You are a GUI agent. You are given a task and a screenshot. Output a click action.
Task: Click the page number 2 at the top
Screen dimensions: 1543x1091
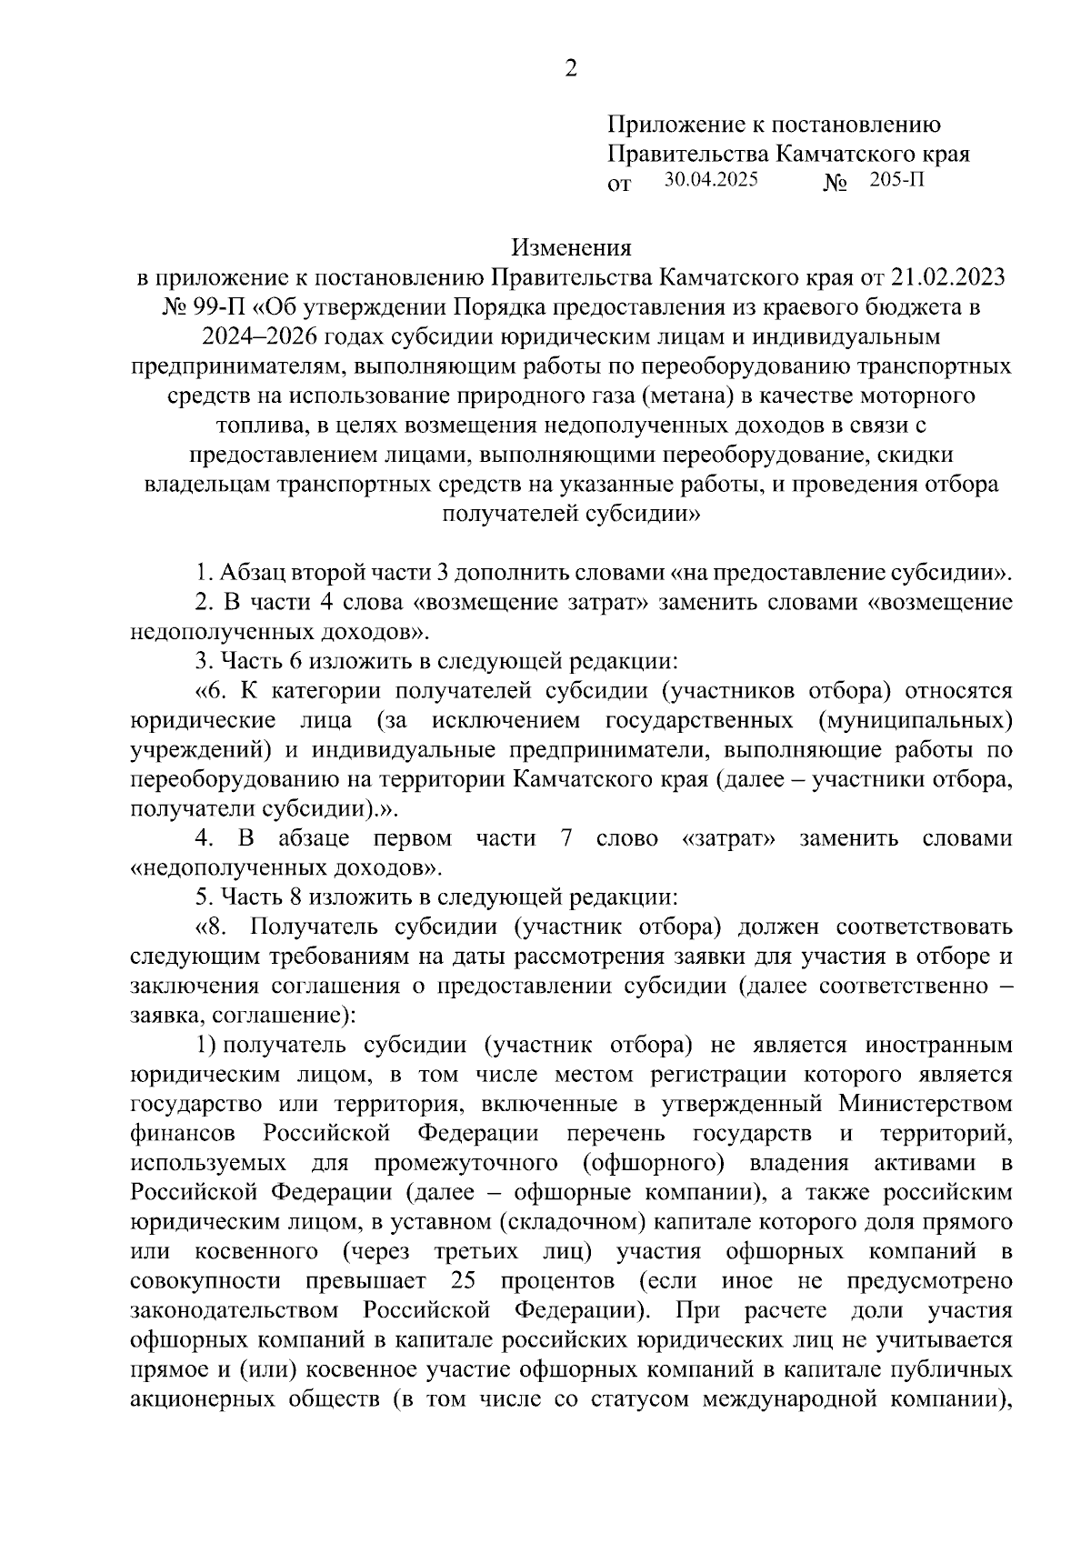click(570, 69)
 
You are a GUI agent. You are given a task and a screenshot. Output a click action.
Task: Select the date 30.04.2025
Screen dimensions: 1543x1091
click(710, 180)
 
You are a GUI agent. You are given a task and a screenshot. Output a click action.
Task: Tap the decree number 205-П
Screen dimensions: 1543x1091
click(896, 180)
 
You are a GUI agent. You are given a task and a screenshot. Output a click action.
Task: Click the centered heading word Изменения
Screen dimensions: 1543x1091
click(571, 247)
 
